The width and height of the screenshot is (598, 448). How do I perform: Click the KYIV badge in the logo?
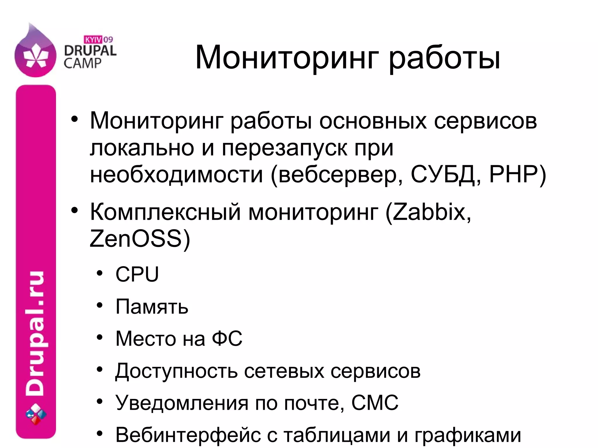(x=93, y=39)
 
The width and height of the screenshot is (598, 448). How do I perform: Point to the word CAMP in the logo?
(x=82, y=63)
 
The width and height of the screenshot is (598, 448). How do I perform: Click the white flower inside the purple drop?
(x=35, y=55)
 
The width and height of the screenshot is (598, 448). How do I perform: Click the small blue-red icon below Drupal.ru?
(x=36, y=414)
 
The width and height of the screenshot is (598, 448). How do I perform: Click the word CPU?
(x=137, y=274)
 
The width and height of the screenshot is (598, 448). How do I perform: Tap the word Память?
(x=152, y=306)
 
